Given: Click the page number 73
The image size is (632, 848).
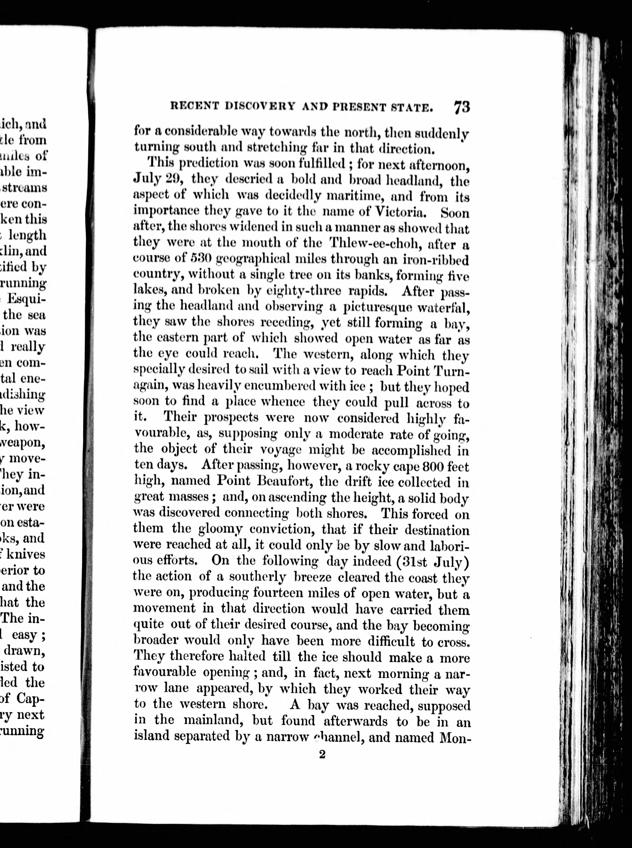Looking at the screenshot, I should tap(462, 107).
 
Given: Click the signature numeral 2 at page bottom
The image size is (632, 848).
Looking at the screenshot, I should tap(322, 754).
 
